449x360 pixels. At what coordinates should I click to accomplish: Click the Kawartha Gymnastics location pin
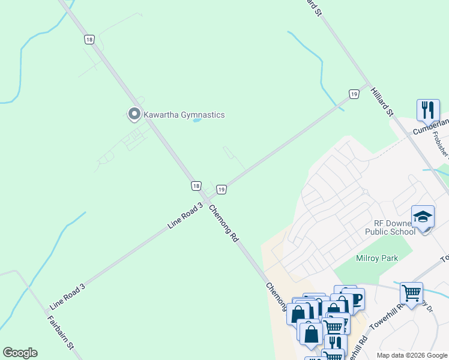[x=134, y=113]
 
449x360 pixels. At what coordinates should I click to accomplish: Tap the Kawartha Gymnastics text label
[x=184, y=115]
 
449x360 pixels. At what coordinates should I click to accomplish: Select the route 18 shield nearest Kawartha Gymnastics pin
[x=89, y=39]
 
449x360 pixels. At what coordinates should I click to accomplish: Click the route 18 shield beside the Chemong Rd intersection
[x=196, y=186]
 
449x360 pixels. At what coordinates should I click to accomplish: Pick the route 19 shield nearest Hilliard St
[x=354, y=94]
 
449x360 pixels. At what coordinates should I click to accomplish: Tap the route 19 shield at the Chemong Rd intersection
[x=221, y=190]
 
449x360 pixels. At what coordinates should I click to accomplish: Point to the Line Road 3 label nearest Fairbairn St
[x=67, y=297]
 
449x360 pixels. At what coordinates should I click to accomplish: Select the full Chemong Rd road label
[x=224, y=223]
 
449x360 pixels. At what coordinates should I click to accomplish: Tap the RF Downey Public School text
[x=390, y=227]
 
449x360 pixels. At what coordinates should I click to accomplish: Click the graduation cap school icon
[x=423, y=217]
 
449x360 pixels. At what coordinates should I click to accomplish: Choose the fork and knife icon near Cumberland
[x=428, y=110]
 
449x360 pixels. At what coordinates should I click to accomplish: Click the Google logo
[x=20, y=353]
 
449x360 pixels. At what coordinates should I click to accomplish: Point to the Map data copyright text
[x=412, y=355]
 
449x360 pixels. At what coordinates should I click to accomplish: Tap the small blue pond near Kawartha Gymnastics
[x=196, y=120]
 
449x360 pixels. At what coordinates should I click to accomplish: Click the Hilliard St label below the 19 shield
[x=381, y=101]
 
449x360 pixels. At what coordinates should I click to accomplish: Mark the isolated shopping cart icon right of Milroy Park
[x=411, y=293]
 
